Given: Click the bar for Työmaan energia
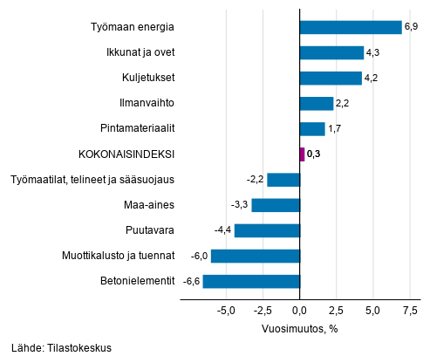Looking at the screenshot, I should (x=351, y=27).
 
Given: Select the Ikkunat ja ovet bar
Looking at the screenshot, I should (x=331, y=52).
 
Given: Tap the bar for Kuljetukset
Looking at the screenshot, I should (x=331, y=79).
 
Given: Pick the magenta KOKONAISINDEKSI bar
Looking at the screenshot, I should (x=303, y=154).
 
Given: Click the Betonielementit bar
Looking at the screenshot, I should (x=251, y=281).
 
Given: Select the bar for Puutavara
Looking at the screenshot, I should (x=267, y=230).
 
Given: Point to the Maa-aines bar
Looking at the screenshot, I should (x=276, y=205).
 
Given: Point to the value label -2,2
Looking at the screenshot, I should (x=255, y=181).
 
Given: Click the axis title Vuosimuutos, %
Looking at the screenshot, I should (x=299, y=329).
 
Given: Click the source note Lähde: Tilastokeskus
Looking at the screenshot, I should (x=62, y=348).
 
